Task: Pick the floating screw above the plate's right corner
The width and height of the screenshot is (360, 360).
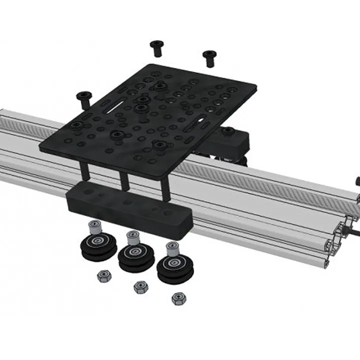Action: tap(208, 57)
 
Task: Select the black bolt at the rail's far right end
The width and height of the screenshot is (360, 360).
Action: tap(357, 179)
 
